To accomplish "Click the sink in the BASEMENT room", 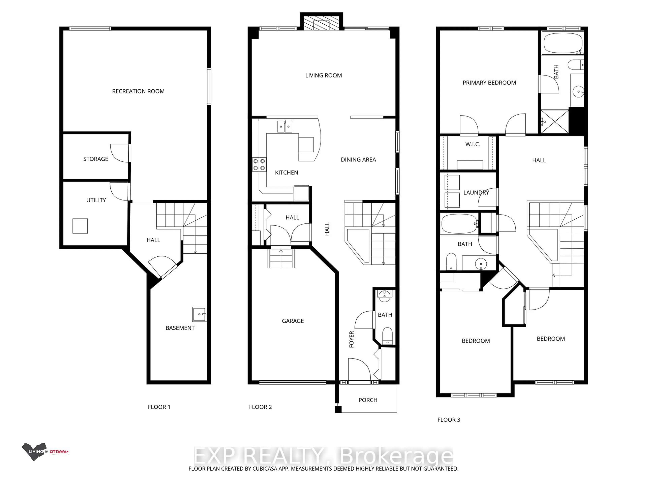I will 199,314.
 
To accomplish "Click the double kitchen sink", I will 285,127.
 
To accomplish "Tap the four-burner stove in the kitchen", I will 259,165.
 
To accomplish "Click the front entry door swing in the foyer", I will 359,368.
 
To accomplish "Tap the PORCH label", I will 368,400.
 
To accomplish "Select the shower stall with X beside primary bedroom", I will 554,121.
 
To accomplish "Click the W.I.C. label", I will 472,144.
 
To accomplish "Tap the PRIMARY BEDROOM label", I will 489,83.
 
